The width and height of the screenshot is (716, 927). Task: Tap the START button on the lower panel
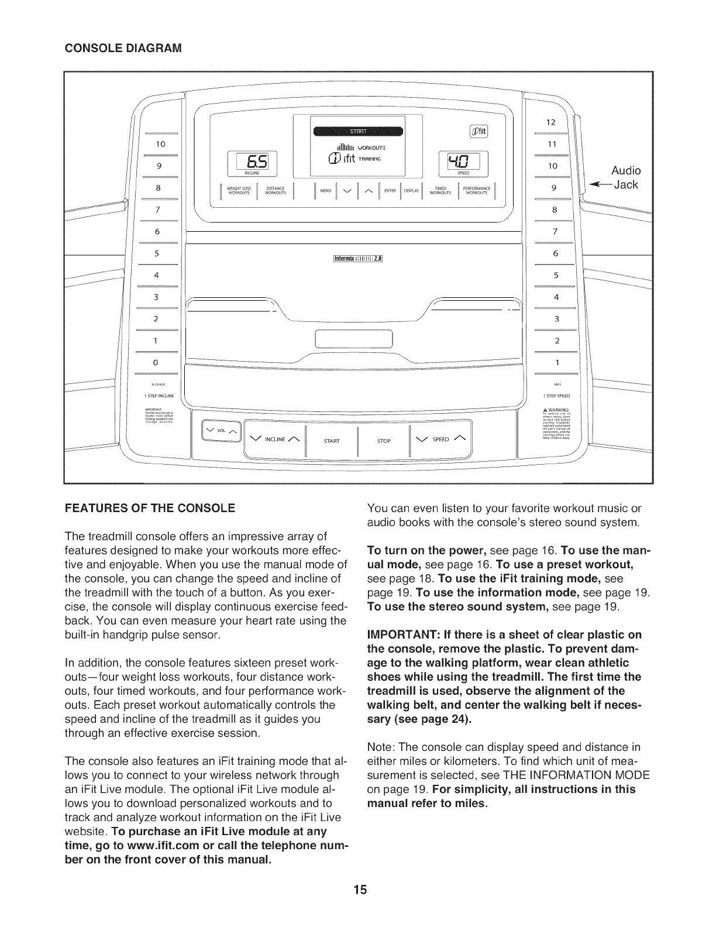[331, 441]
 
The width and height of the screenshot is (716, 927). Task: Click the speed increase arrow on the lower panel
[462, 439]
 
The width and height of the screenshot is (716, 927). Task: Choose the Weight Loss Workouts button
[239, 190]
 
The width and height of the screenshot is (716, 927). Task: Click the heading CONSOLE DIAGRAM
[122, 47]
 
